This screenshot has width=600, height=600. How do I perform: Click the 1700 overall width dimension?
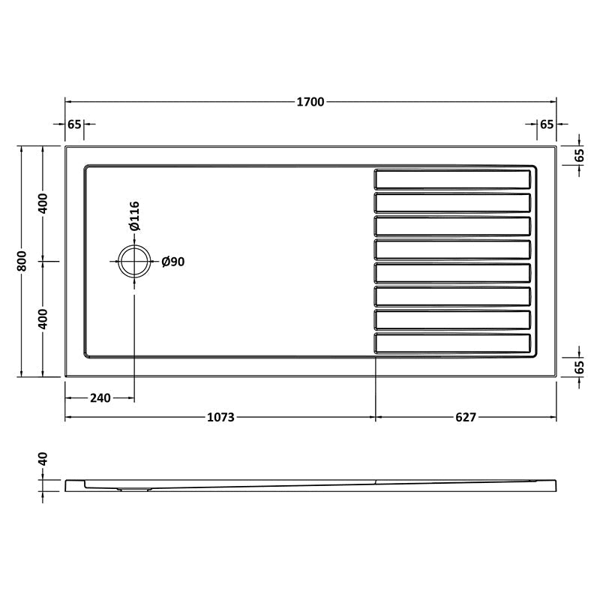pos(310,101)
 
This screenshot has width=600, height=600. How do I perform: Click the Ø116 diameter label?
pos(134,217)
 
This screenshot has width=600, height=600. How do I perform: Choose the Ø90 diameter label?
pos(173,262)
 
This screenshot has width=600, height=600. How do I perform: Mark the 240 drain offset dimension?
pos(100,397)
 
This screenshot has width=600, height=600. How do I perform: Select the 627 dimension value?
pos(465,417)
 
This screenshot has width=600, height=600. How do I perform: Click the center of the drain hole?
pos(134,261)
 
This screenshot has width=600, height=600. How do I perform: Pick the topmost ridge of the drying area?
pos(452,179)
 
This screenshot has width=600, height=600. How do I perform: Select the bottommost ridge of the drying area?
pos(452,343)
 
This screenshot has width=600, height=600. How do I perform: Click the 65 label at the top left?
pos(73,124)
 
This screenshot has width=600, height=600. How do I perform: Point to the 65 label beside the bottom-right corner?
pos(579,367)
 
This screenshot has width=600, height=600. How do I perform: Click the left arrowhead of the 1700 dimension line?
pos(68,101)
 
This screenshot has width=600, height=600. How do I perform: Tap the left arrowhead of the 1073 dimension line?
pos(68,417)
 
